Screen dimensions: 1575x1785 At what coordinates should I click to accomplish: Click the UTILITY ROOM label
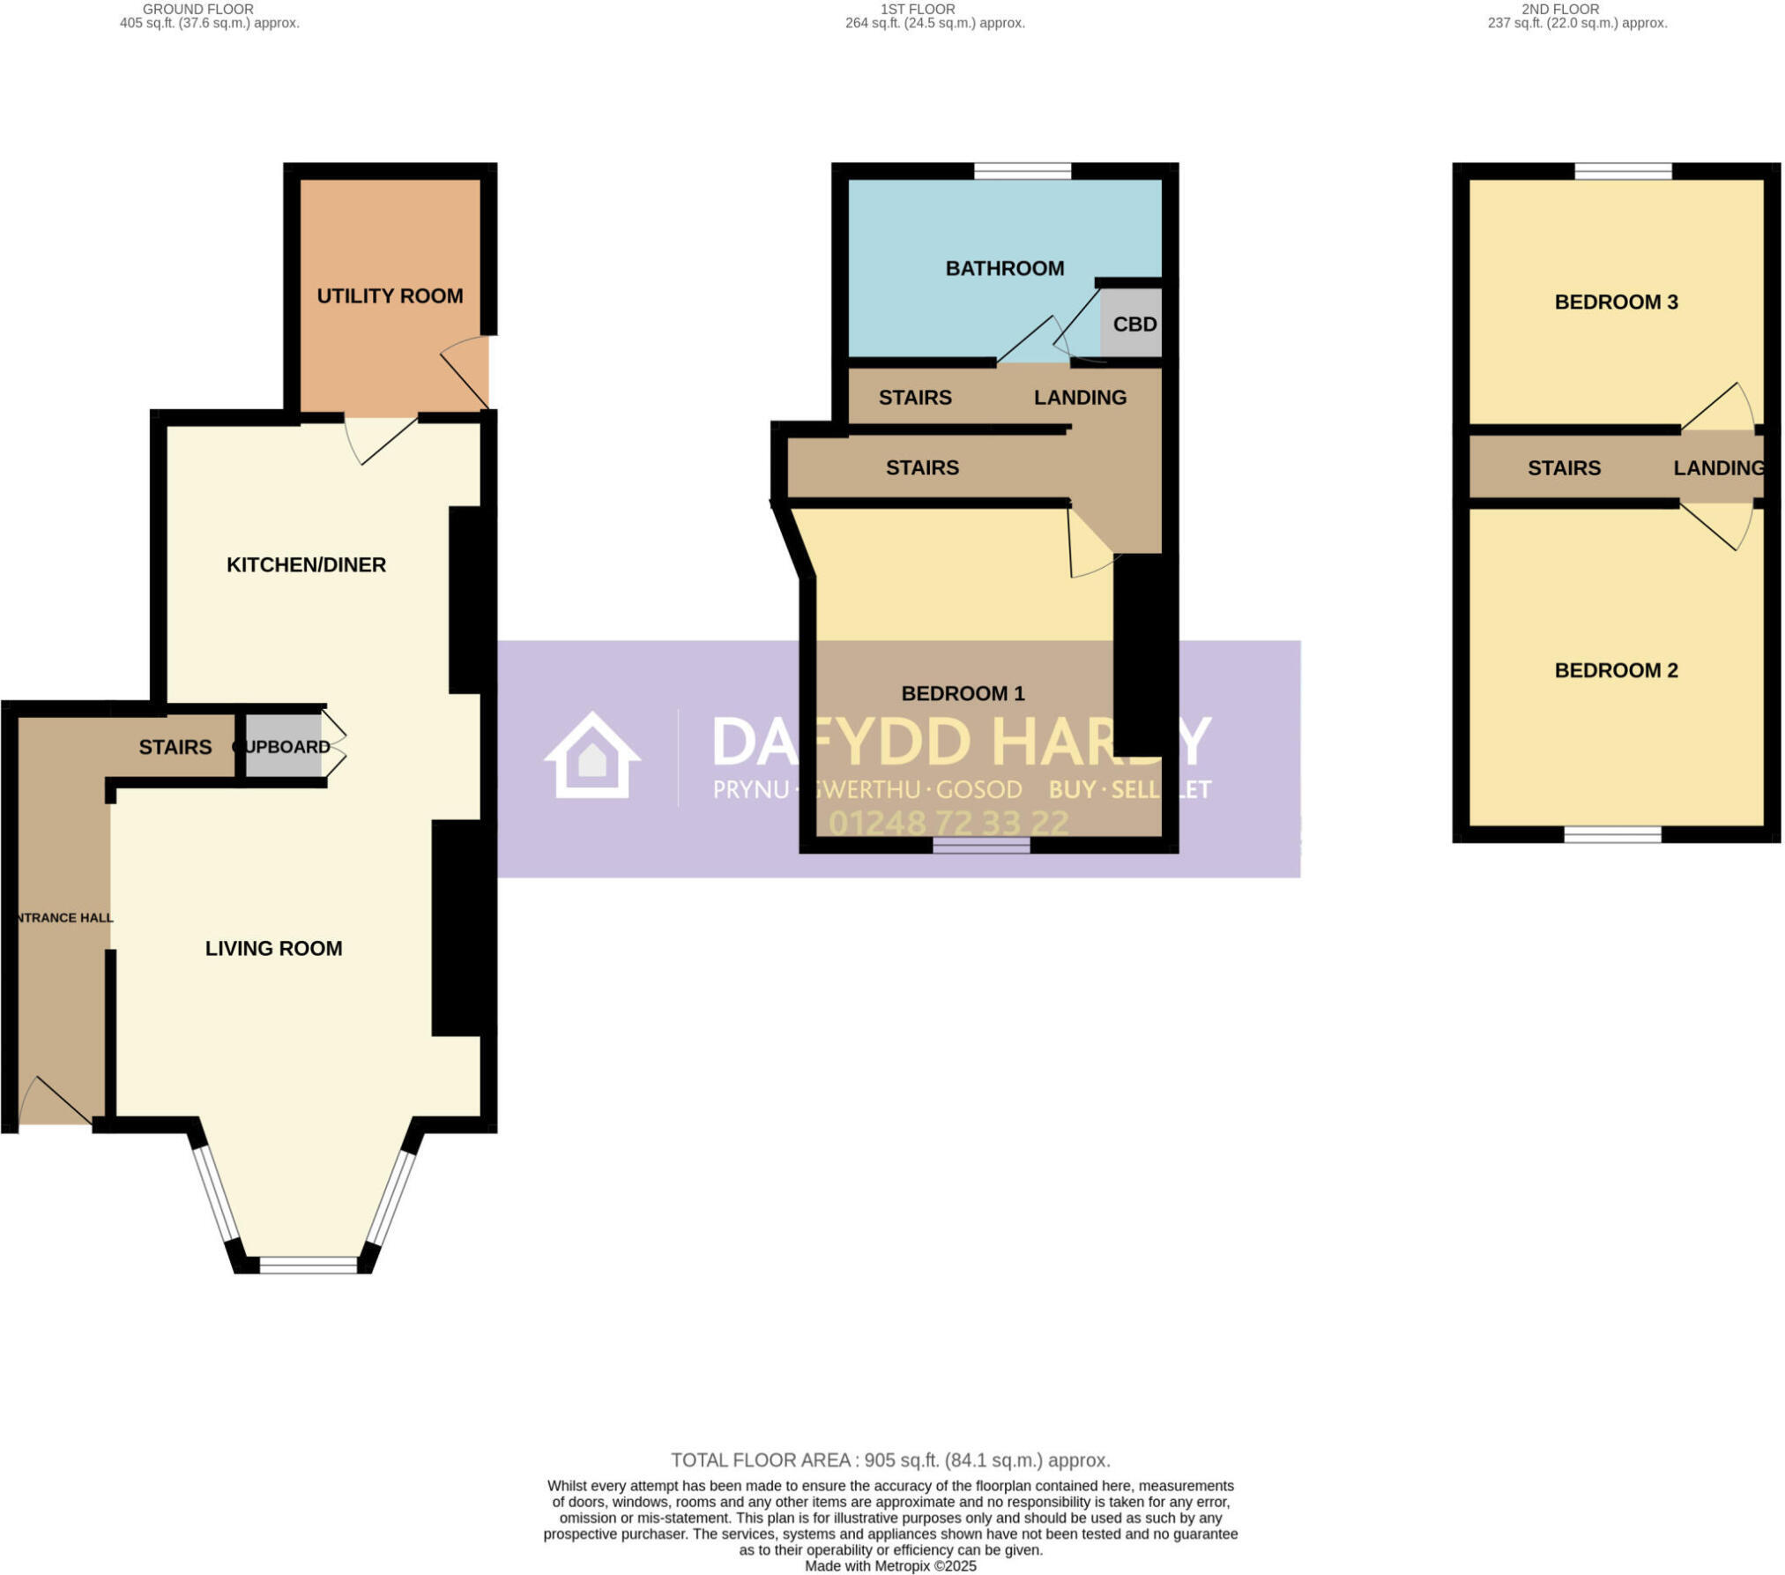tap(390, 296)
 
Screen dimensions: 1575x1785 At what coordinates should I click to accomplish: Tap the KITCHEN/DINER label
tap(306, 565)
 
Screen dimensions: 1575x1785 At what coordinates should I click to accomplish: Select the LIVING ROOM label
tap(273, 949)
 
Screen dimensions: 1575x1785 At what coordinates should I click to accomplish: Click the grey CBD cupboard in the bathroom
tap(1132, 324)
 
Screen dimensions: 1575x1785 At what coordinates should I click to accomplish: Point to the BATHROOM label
tap(1004, 269)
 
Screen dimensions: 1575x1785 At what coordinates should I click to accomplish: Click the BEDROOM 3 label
tap(1615, 302)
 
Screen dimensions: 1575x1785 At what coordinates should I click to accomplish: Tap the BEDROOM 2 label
tap(1615, 671)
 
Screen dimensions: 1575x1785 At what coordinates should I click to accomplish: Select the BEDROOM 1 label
tap(963, 694)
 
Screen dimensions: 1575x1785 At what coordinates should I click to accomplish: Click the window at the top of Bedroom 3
tap(1622, 171)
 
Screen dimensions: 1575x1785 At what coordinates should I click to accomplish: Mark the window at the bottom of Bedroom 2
tap(1611, 834)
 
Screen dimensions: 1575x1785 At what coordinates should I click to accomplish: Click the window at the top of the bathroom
tap(1022, 171)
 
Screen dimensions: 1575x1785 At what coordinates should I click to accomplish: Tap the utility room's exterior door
tap(465, 375)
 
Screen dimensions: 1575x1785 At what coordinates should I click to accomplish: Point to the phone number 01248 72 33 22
tap(948, 824)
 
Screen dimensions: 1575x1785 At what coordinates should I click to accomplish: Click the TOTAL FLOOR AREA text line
tap(890, 1460)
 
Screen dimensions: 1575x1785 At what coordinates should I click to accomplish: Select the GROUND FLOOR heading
tap(197, 9)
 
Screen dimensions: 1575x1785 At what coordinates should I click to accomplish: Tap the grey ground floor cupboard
tap(282, 747)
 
